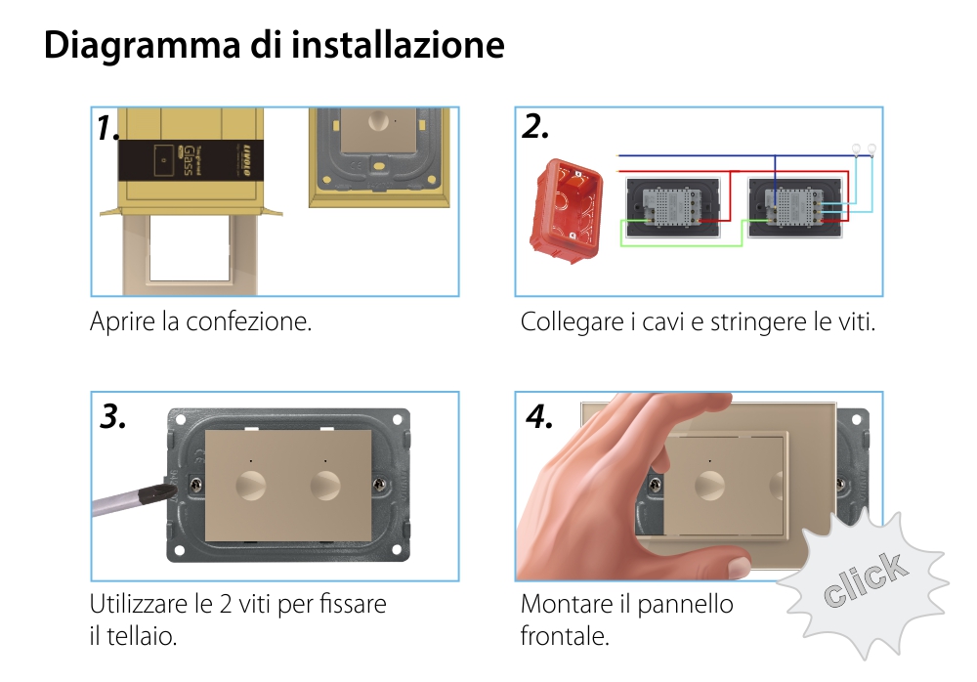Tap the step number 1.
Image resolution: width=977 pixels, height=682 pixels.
tap(108, 128)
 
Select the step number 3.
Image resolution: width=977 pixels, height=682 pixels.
tap(113, 416)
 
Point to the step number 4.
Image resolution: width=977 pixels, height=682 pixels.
tap(539, 416)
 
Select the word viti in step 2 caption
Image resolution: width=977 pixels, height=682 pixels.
tap(854, 321)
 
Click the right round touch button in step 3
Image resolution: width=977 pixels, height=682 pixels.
tap(324, 485)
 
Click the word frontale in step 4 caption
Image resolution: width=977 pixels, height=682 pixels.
tap(565, 636)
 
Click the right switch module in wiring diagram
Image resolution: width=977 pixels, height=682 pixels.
tap(793, 208)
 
